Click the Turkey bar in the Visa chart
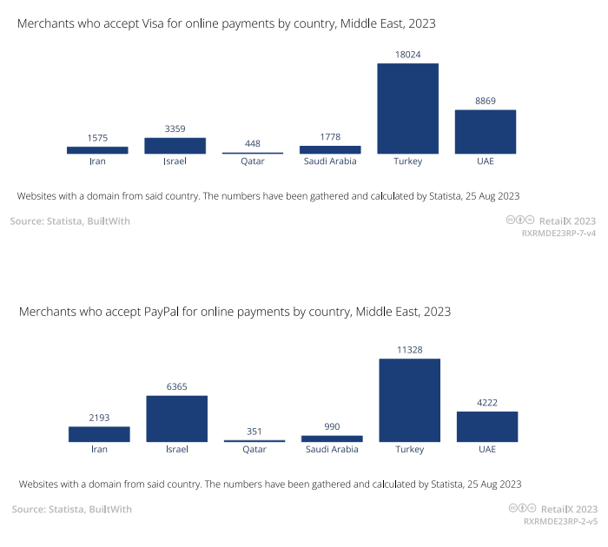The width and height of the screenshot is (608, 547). [407, 109]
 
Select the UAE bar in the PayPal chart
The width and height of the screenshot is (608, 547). [487, 426]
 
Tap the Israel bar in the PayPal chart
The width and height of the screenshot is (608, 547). [176, 418]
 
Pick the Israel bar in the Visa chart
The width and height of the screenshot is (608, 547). [175, 146]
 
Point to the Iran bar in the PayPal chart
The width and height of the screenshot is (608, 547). [99, 434]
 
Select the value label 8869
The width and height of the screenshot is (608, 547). [486, 102]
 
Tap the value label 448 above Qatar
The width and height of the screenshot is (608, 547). [252, 144]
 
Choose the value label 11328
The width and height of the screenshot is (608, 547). [409, 350]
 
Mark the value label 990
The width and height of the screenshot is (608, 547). [332, 427]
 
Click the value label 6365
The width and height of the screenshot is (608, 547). [176, 387]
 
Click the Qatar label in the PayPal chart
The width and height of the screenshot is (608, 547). [254, 449]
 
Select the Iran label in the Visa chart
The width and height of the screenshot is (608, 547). [97, 161]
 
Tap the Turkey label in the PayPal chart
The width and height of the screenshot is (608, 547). [409, 449]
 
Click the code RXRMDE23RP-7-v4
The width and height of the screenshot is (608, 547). [558, 234]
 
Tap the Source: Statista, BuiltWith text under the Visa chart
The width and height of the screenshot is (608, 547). [70, 221]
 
